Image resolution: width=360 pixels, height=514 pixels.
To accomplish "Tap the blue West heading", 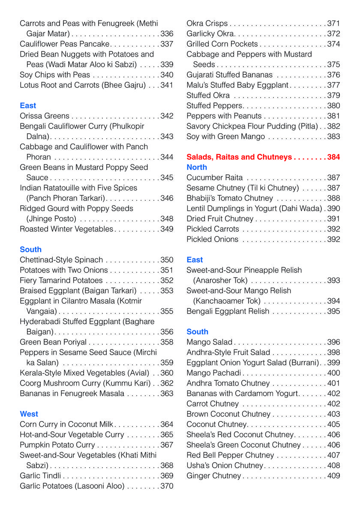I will tap(29, 414).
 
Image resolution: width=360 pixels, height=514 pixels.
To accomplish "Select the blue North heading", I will tap(197, 167).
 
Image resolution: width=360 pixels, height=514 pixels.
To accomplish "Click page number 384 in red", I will tap(333, 157).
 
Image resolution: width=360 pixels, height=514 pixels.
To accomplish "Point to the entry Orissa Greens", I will tap(44, 116).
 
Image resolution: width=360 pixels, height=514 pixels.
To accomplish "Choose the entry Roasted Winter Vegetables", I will tap(66, 229).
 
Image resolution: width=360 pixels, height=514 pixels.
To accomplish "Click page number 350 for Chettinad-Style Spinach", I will tap(167, 260).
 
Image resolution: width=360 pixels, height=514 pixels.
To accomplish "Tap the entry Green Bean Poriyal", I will tap(53, 342).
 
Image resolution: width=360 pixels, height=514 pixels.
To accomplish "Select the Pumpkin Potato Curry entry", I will tap(57, 445).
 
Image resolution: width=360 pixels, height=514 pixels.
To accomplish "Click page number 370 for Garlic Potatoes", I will tap(167, 486).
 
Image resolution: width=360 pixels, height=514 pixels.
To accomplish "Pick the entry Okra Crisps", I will tap(207, 24).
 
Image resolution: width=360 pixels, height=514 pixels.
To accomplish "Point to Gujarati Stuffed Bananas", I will tap(229, 75).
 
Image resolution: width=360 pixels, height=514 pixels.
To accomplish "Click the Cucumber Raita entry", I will tap(214, 178).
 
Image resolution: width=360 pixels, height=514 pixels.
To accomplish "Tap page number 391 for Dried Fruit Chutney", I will tap(333, 219).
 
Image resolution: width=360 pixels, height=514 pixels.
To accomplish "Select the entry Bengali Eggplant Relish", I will tap(228, 311).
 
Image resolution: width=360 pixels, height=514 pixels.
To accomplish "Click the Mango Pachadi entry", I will tap(214, 373).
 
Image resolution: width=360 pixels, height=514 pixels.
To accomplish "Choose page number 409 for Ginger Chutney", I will tap(333, 476).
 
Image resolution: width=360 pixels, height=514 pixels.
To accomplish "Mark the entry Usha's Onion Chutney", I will tap(225, 466).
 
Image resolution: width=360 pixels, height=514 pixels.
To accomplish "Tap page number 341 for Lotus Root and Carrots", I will tap(167, 85).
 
